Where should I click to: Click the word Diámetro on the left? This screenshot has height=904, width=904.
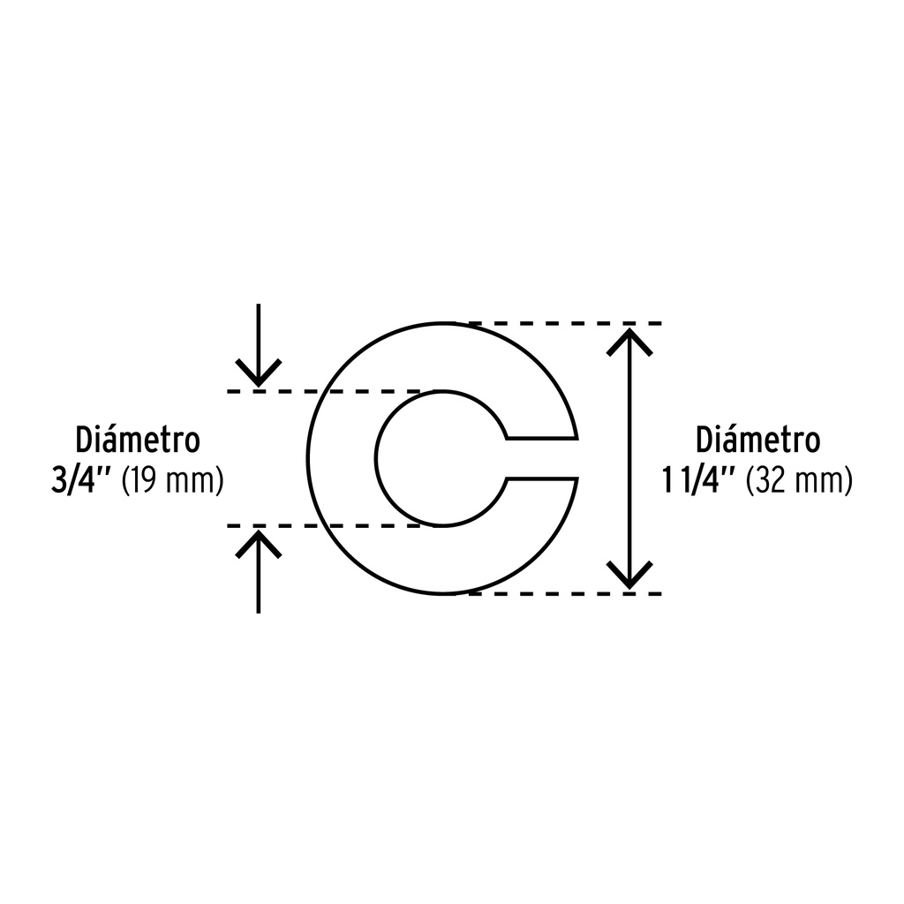coord(138,440)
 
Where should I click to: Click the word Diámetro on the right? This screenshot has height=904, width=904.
coord(757,440)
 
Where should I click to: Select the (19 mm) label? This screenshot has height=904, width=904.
coord(172,481)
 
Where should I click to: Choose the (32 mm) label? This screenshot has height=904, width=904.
coord(799,481)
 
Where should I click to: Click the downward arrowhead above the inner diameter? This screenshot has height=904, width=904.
coord(259,373)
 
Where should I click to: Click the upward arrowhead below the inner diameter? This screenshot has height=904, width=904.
coord(259,544)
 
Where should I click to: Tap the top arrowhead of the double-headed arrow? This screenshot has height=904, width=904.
coord(629,342)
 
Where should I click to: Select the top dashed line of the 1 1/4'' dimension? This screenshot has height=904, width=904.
coord(565,323)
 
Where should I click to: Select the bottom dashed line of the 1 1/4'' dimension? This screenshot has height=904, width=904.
coord(565,594)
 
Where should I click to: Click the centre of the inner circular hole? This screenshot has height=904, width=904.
coord(442,458)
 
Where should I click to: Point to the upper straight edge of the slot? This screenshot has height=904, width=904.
coord(542,440)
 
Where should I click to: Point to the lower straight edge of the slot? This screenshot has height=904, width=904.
coord(542,478)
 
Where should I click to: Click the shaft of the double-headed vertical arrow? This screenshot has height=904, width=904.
coord(629,458)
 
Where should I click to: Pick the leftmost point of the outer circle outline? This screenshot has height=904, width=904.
coord(308,458)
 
